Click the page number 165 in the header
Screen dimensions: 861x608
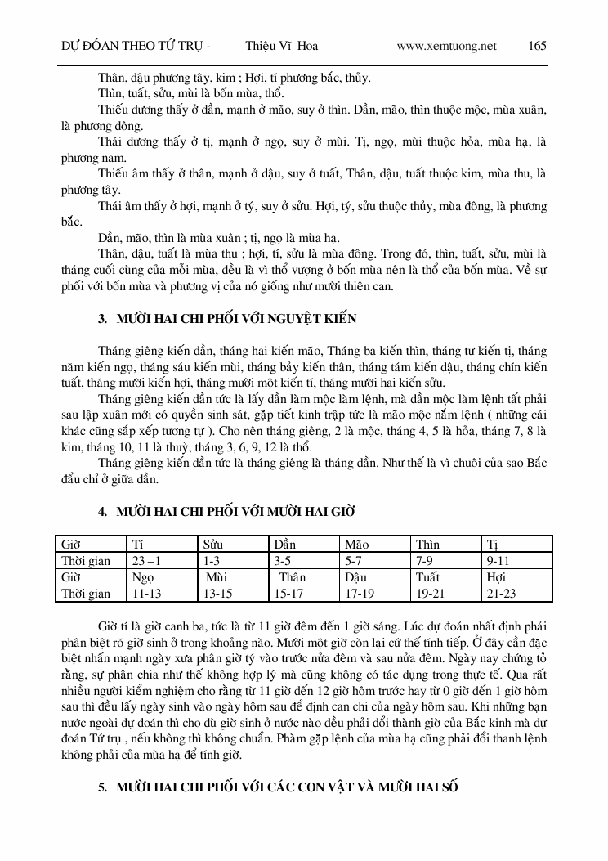(x=538, y=47)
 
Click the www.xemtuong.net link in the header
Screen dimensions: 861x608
(x=446, y=47)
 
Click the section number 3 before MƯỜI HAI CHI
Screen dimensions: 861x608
(x=102, y=319)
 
